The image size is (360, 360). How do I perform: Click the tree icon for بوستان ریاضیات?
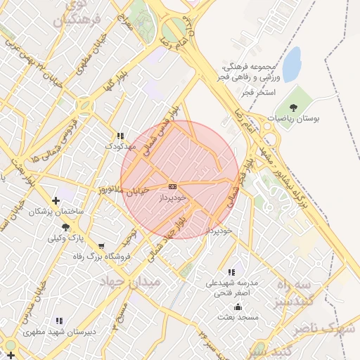(x=293, y=108)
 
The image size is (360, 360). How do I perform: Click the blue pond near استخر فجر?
(x=291, y=57)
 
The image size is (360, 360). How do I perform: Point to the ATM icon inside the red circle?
(x=173, y=186)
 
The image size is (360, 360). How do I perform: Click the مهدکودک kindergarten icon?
(x=120, y=135)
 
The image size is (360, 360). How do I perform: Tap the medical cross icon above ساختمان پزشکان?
(x=56, y=200)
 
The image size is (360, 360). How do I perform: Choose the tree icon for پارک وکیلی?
(x=66, y=227)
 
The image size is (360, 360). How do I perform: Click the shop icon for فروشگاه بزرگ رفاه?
(x=102, y=246)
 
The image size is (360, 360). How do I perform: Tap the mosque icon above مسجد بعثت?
(x=238, y=307)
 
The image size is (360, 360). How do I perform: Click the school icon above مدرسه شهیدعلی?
(x=231, y=271)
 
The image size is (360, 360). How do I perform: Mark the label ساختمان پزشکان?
(x=56, y=211)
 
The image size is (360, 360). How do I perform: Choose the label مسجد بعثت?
(x=238, y=317)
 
